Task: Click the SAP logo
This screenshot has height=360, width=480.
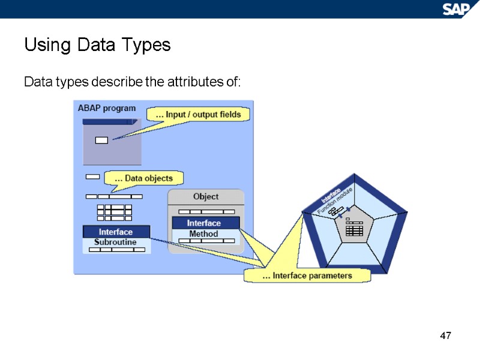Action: click(x=458, y=8)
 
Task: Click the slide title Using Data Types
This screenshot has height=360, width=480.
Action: click(x=97, y=45)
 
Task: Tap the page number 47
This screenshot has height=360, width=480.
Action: click(x=445, y=335)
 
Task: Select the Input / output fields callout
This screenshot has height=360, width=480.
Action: click(x=198, y=114)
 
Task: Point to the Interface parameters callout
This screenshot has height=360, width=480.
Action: click(x=307, y=275)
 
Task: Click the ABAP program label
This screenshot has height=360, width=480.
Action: click(x=107, y=109)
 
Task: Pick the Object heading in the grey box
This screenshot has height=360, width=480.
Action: click(x=206, y=197)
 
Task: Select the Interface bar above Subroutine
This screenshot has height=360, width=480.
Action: click(x=116, y=232)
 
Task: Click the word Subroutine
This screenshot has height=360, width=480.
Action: click(x=116, y=242)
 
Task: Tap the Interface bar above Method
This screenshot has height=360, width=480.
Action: click(x=205, y=223)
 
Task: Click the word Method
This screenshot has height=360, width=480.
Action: click(x=204, y=233)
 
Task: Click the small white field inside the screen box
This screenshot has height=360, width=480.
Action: click(x=101, y=140)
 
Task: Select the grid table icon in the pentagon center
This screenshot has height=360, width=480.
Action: click(x=355, y=230)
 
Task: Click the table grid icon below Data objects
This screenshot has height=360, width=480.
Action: click(x=114, y=212)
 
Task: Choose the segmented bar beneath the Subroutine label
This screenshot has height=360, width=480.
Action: click(x=116, y=250)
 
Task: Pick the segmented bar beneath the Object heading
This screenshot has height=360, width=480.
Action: click(x=205, y=211)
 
